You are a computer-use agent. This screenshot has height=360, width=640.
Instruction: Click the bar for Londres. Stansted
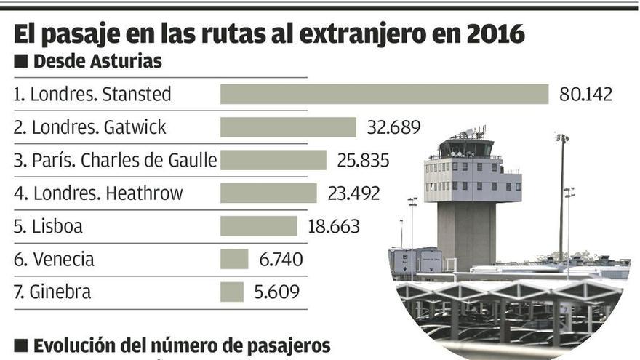point(384,95)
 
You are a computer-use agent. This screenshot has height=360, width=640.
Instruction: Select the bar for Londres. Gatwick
point(288,127)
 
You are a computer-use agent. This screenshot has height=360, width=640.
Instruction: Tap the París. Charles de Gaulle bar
point(273,160)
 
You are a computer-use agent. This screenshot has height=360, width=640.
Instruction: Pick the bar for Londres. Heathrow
point(268,193)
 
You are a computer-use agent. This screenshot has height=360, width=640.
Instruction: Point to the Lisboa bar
point(258,226)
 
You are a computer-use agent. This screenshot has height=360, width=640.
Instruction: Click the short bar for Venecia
point(234,259)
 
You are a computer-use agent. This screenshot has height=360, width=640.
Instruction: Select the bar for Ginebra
point(231,292)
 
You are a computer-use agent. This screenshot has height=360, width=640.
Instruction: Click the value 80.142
point(585,95)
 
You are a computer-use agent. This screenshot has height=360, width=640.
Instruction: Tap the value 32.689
point(393,127)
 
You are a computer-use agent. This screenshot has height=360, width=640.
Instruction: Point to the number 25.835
point(363,160)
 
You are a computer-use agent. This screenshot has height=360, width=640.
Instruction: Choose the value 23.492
point(353,193)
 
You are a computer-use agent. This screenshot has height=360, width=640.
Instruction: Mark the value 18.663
point(334,226)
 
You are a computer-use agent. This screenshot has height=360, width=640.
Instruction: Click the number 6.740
point(281,259)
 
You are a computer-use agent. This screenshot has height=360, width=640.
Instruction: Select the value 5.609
point(276,292)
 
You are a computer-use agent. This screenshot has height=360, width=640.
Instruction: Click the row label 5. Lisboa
point(48,226)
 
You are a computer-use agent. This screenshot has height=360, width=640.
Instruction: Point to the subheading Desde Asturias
point(97,63)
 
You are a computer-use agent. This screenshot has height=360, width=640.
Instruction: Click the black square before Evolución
point(21,345)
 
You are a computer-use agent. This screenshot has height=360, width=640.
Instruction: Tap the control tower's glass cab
point(465,148)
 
